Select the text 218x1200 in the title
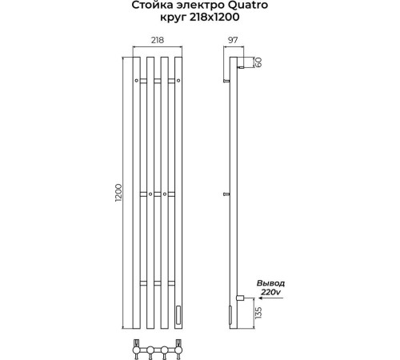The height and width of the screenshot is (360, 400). [214, 17]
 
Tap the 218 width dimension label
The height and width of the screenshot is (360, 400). [158, 40]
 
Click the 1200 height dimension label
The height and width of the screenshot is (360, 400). [118, 193]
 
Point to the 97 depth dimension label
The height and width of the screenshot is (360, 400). [233, 40]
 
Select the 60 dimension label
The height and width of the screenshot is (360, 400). [258, 62]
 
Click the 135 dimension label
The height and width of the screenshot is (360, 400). [258, 313]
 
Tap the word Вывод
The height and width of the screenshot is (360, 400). [270, 283]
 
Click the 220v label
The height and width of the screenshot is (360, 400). [270, 292]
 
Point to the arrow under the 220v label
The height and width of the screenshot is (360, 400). [271, 298]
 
